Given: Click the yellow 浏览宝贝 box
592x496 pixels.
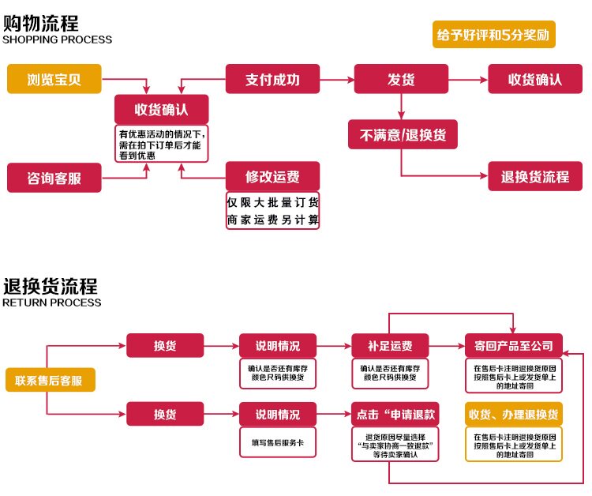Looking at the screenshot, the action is [54, 79].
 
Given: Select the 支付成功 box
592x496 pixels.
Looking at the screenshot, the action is [272, 79].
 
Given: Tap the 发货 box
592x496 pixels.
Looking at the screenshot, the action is [401, 79].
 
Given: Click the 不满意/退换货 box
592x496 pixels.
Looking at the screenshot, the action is [403, 134].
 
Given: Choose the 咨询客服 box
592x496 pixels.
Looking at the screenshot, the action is [54, 178].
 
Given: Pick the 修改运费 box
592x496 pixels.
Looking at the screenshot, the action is [272, 176].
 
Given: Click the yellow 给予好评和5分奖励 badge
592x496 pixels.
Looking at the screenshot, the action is [494, 35].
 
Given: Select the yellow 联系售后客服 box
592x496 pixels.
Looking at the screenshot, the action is [51, 380].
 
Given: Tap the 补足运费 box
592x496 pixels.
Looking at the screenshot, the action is [390, 345].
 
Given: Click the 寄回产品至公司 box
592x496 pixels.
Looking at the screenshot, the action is [514, 345].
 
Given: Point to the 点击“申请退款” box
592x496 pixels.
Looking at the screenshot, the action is [395, 414].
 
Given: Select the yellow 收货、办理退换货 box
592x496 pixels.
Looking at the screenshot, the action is [514, 414].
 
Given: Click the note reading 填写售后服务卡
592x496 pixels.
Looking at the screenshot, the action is [278, 442].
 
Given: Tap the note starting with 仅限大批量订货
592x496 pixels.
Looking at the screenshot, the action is [272, 210].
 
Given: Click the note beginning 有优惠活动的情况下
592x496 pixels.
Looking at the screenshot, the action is [162, 144].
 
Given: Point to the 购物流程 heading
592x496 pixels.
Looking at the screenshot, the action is [41, 24].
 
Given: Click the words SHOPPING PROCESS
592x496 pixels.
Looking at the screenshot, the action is [58, 39].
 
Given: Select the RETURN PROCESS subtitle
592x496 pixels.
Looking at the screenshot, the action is [52, 302].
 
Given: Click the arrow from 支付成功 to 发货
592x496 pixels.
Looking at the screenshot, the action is [337, 80].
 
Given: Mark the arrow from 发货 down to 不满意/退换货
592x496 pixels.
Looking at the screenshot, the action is [401, 107].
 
